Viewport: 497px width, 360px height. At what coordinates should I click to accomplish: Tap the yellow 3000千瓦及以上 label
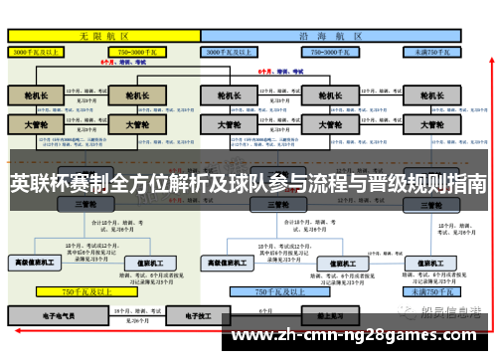(36, 50)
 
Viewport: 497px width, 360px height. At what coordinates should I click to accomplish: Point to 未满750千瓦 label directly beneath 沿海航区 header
(432, 50)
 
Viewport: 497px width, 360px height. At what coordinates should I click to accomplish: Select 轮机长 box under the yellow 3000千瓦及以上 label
(36, 96)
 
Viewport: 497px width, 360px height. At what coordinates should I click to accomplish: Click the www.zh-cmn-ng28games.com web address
(358, 334)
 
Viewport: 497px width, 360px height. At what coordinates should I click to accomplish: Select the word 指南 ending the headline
(467, 184)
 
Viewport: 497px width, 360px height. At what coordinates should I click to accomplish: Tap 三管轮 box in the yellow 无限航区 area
(84, 204)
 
